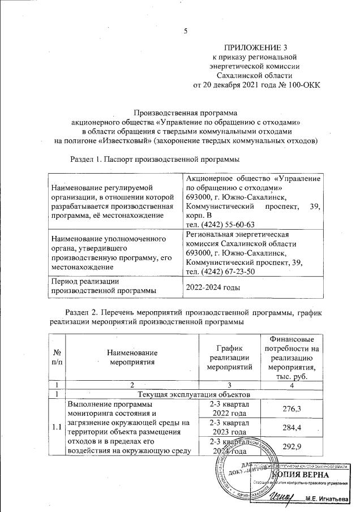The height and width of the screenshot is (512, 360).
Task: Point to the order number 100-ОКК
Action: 302,85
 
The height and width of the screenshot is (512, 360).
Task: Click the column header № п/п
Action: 57,358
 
